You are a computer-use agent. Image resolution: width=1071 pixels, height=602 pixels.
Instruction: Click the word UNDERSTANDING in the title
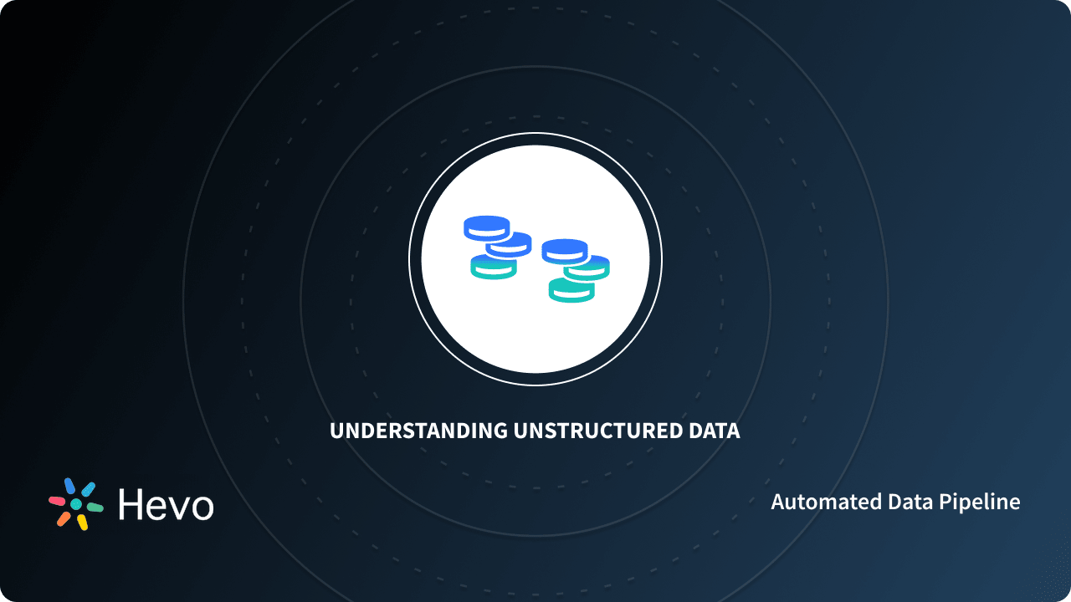(418, 431)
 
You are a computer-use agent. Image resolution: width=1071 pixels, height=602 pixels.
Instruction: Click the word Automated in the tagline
(818, 502)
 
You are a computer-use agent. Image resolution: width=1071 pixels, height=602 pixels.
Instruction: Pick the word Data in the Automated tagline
(903, 502)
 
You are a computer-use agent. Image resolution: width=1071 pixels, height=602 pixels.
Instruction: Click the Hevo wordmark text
(166, 504)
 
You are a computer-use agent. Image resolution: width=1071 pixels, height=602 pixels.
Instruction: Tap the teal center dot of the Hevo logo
(76, 504)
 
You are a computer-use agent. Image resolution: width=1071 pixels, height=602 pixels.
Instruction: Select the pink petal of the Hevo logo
(57, 501)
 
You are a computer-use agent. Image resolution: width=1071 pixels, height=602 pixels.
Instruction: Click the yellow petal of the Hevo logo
(82, 522)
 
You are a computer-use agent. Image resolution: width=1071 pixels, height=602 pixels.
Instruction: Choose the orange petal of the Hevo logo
(64, 518)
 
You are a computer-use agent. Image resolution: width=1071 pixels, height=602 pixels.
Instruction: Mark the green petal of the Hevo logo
(95, 508)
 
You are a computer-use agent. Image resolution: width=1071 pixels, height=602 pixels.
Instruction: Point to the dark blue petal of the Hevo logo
(69, 486)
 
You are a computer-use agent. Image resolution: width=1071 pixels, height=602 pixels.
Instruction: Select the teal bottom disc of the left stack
(493, 268)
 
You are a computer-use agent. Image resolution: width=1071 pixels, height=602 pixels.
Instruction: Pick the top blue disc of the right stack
(565, 249)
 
